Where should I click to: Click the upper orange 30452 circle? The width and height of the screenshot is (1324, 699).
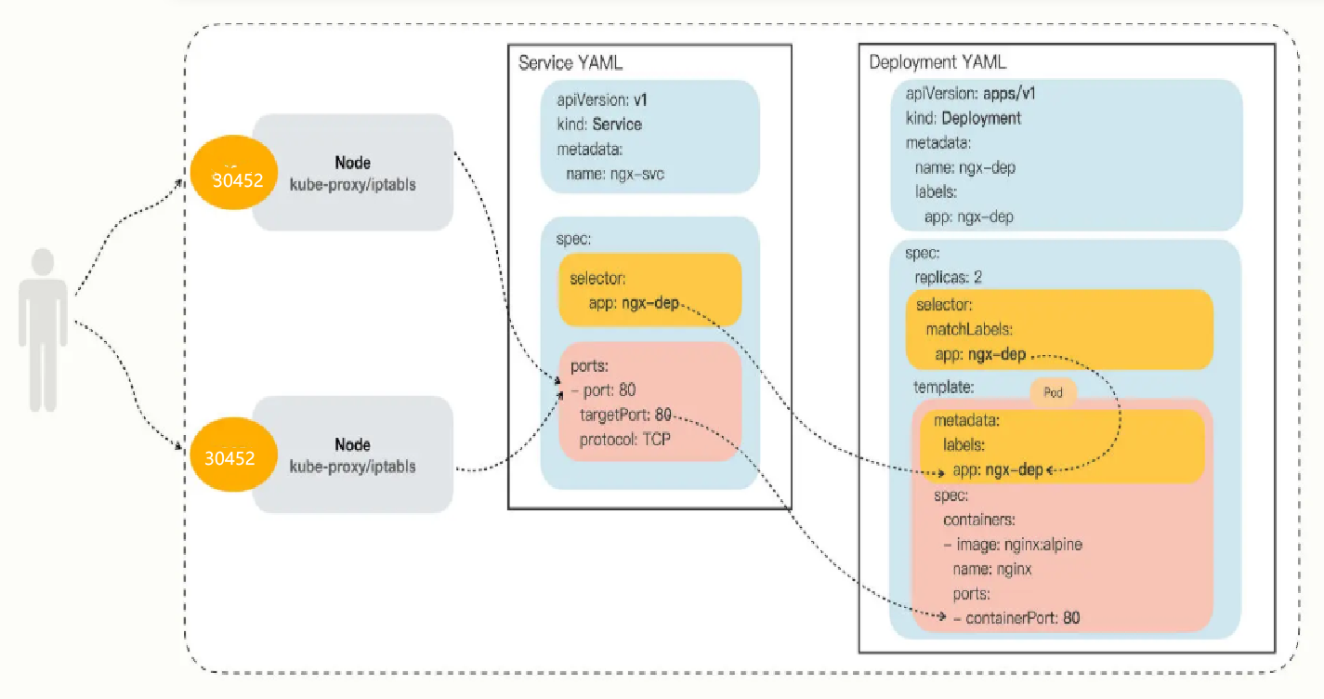click(234, 172)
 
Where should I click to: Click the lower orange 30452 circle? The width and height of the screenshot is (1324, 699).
click(234, 455)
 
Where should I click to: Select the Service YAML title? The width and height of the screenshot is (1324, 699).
click(570, 62)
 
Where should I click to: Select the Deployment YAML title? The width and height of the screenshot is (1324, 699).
click(937, 62)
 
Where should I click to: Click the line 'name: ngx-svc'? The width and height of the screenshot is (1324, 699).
click(615, 174)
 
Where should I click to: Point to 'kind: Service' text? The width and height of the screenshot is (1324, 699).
click(599, 125)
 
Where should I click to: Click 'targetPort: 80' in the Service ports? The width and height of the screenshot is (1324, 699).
click(625, 415)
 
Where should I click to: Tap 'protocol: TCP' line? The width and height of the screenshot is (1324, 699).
click(624, 440)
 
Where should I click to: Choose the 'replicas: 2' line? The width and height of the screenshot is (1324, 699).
click(948, 277)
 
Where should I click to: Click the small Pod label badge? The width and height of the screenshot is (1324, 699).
click(1053, 392)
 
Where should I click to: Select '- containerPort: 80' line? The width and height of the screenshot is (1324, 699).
click(1016, 618)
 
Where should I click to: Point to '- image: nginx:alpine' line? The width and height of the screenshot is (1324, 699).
click(1013, 544)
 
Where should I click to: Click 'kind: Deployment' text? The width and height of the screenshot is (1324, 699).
click(964, 118)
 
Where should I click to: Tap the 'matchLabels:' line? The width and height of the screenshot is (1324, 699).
click(969, 329)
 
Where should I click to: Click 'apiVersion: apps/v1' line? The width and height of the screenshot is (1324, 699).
click(971, 94)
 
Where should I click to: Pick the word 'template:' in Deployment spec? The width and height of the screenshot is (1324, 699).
click(943, 388)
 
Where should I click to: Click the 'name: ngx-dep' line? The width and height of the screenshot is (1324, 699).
click(965, 167)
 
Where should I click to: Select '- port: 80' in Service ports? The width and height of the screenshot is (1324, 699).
click(604, 390)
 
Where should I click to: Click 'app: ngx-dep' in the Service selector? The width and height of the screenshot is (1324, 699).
click(634, 303)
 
